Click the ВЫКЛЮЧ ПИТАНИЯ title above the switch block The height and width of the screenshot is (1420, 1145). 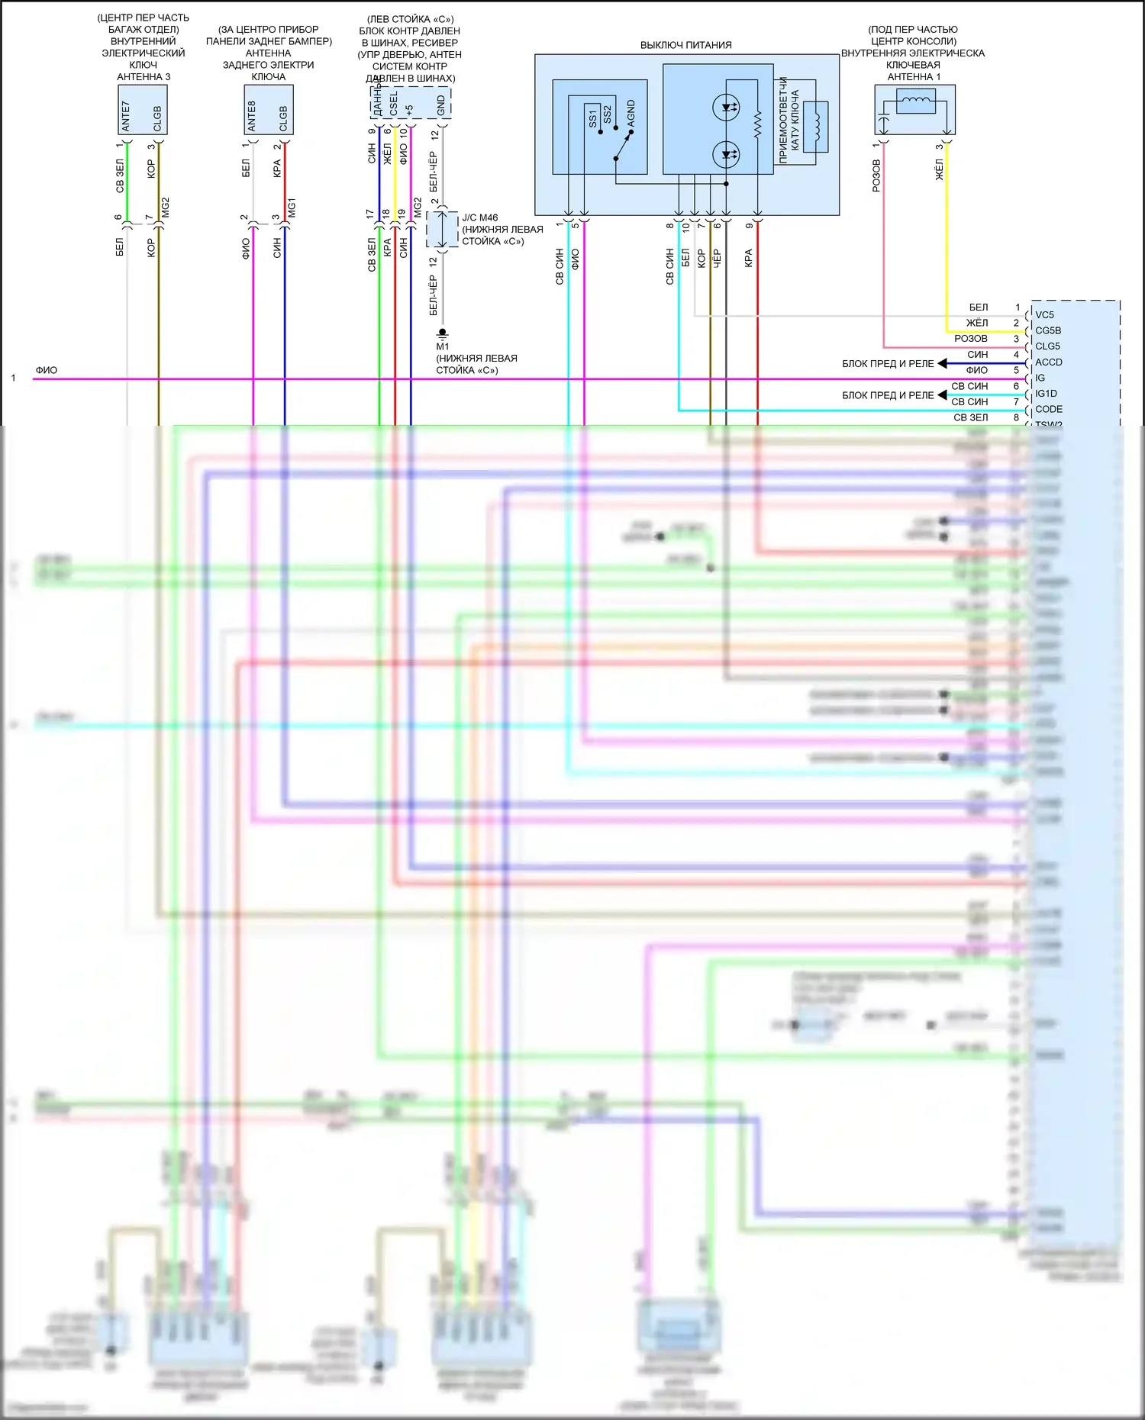tap(685, 45)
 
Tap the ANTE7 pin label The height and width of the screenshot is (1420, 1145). tap(127, 115)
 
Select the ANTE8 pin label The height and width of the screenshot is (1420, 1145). tap(253, 115)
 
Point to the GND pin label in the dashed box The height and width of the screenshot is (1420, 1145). tap(441, 105)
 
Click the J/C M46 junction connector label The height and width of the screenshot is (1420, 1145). tap(479, 217)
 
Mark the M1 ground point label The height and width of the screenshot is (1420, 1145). tap(443, 346)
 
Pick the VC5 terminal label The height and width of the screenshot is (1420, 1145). tap(1044, 314)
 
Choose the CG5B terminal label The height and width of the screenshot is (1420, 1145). tap(1047, 330)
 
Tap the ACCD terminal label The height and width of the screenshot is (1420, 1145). tap(1048, 362)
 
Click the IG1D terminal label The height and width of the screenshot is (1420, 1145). tap(1046, 394)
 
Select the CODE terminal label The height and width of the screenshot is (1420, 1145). tap(1048, 409)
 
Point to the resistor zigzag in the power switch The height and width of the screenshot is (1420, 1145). tap(757, 125)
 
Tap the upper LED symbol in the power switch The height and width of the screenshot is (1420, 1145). tap(725, 108)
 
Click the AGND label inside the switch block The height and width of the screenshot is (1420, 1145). tap(631, 113)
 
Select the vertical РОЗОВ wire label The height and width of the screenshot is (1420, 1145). tap(876, 175)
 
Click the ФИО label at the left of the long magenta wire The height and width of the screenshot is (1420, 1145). tap(46, 370)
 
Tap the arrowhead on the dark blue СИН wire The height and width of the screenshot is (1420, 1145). tap(942, 363)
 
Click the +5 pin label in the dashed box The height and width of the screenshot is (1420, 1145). tap(410, 110)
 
